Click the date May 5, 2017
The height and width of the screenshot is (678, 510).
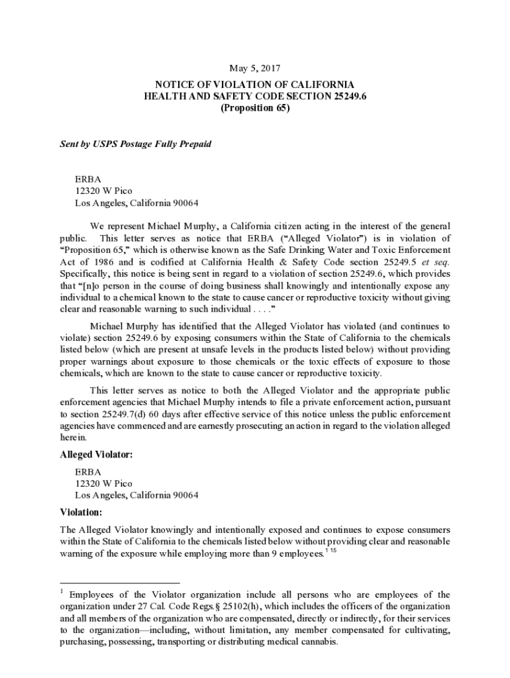point(254,68)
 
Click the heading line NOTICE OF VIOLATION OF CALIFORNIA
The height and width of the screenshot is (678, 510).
point(254,85)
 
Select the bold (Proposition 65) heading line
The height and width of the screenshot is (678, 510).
point(254,108)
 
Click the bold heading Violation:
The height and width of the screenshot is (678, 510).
point(81,512)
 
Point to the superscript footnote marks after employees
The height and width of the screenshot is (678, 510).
point(332,551)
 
